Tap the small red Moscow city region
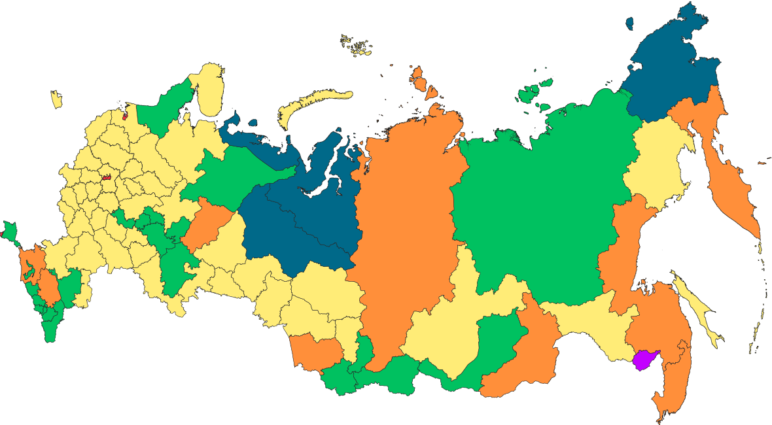tap(107, 177)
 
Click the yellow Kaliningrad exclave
tap(56, 99)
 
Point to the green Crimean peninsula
tap(9, 231)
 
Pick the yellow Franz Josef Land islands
tap(357, 45)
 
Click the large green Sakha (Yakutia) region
tap(543, 196)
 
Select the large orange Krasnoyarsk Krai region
tap(406, 222)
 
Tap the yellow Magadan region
tap(654, 163)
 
